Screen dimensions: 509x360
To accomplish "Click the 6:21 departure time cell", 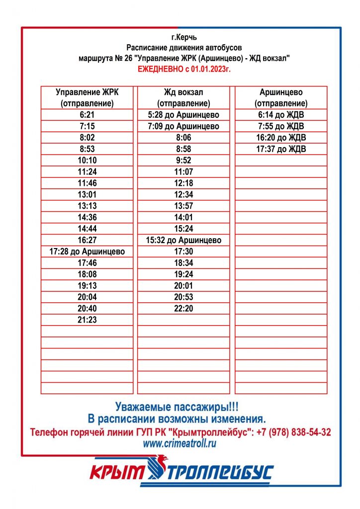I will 87,115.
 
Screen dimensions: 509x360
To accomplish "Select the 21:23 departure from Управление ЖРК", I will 87,320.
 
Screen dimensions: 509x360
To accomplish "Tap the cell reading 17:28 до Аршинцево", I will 87,252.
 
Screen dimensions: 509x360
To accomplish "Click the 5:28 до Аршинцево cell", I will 183,115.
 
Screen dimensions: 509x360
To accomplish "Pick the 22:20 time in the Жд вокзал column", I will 183,309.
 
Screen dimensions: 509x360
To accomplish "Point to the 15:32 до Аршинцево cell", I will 183,240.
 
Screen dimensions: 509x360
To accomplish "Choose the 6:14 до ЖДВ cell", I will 281,115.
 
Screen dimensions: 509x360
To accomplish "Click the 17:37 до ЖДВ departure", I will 281,149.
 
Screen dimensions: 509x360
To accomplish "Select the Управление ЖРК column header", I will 87,98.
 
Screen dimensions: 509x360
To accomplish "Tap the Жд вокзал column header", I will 183,98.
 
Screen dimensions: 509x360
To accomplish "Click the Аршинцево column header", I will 281,98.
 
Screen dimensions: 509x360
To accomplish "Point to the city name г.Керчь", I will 183,37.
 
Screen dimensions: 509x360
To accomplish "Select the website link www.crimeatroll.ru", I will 180,444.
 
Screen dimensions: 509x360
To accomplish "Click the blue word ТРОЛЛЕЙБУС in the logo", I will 221,473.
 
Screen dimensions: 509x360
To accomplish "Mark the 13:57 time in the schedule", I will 183,206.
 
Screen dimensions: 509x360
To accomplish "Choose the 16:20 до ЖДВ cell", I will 281,138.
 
